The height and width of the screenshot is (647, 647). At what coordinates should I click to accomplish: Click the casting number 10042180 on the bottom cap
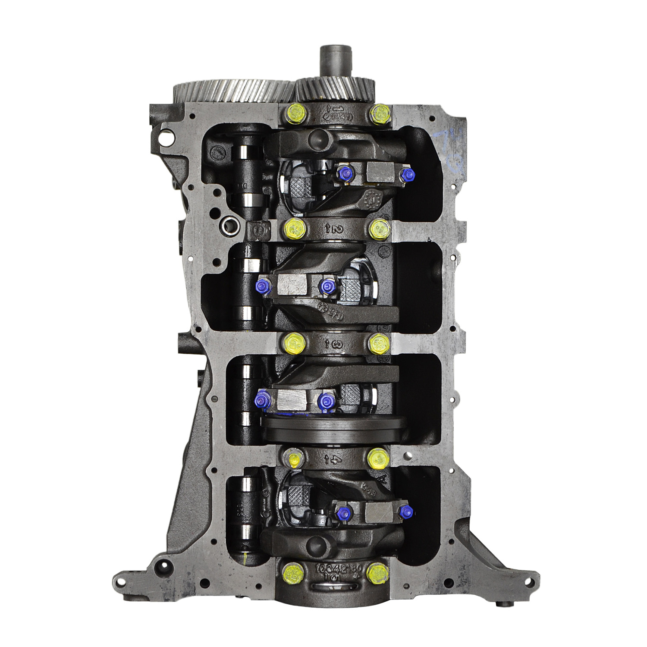pos(334,566)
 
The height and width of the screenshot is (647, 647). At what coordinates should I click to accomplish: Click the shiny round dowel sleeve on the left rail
pos(228,224)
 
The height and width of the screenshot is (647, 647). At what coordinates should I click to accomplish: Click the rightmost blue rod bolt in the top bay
pos(407,175)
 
